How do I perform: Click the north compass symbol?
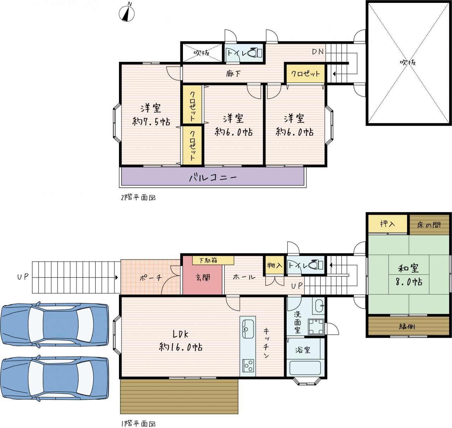[127, 13]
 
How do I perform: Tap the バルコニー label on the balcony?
[213, 178]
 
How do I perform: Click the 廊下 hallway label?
[233, 74]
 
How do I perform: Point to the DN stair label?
[318, 52]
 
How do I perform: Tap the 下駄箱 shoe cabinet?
[213, 260]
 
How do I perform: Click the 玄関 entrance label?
[203, 278]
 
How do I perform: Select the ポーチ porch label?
[150, 278]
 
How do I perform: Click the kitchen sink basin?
[248, 329]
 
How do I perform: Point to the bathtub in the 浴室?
[305, 368]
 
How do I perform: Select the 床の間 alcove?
[429, 225]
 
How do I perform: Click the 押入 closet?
[388, 224]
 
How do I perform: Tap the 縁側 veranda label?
[407, 326]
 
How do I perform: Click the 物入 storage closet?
[274, 265]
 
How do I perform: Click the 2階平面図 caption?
[138, 197]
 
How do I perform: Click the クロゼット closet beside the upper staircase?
[305, 73]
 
